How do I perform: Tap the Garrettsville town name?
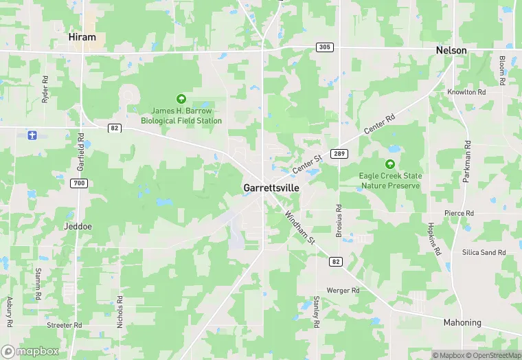(x=271, y=188)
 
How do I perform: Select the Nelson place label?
(x=451, y=51)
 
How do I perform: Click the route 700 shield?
(x=79, y=183)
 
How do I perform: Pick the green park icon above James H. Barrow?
(x=181, y=99)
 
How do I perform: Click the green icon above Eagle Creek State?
(x=390, y=164)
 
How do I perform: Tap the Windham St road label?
(x=299, y=227)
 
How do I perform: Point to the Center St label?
(x=307, y=165)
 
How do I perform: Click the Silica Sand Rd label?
(x=484, y=253)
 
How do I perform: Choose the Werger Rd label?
(x=343, y=291)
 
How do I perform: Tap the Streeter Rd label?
(x=64, y=325)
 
